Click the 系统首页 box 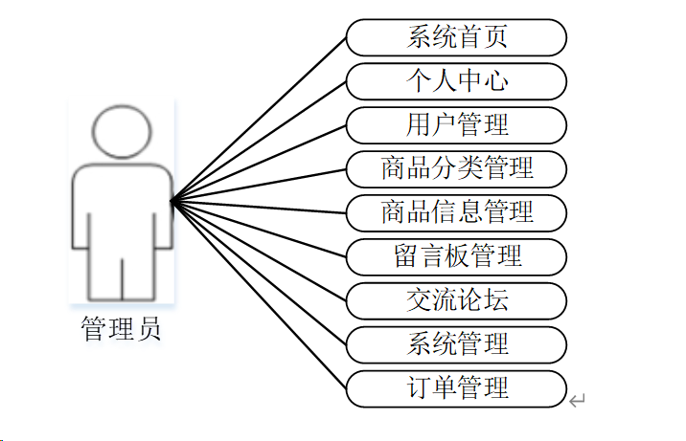(x=456, y=38)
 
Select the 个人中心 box (x=456, y=81)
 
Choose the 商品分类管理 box (x=456, y=169)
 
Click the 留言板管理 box (x=456, y=256)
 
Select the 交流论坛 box (x=456, y=300)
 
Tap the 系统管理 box (x=456, y=343)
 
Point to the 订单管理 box (x=456, y=387)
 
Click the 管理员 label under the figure (x=122, y=331)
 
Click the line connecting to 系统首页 (x=259, y=120)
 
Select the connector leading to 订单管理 (x=259, y=296)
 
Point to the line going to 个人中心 (x=259, y=141)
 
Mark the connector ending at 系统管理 (x=259, y=273)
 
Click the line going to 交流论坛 (x=259, y=251)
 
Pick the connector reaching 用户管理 (x=259, y=163)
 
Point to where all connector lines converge (x=171, y=201)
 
